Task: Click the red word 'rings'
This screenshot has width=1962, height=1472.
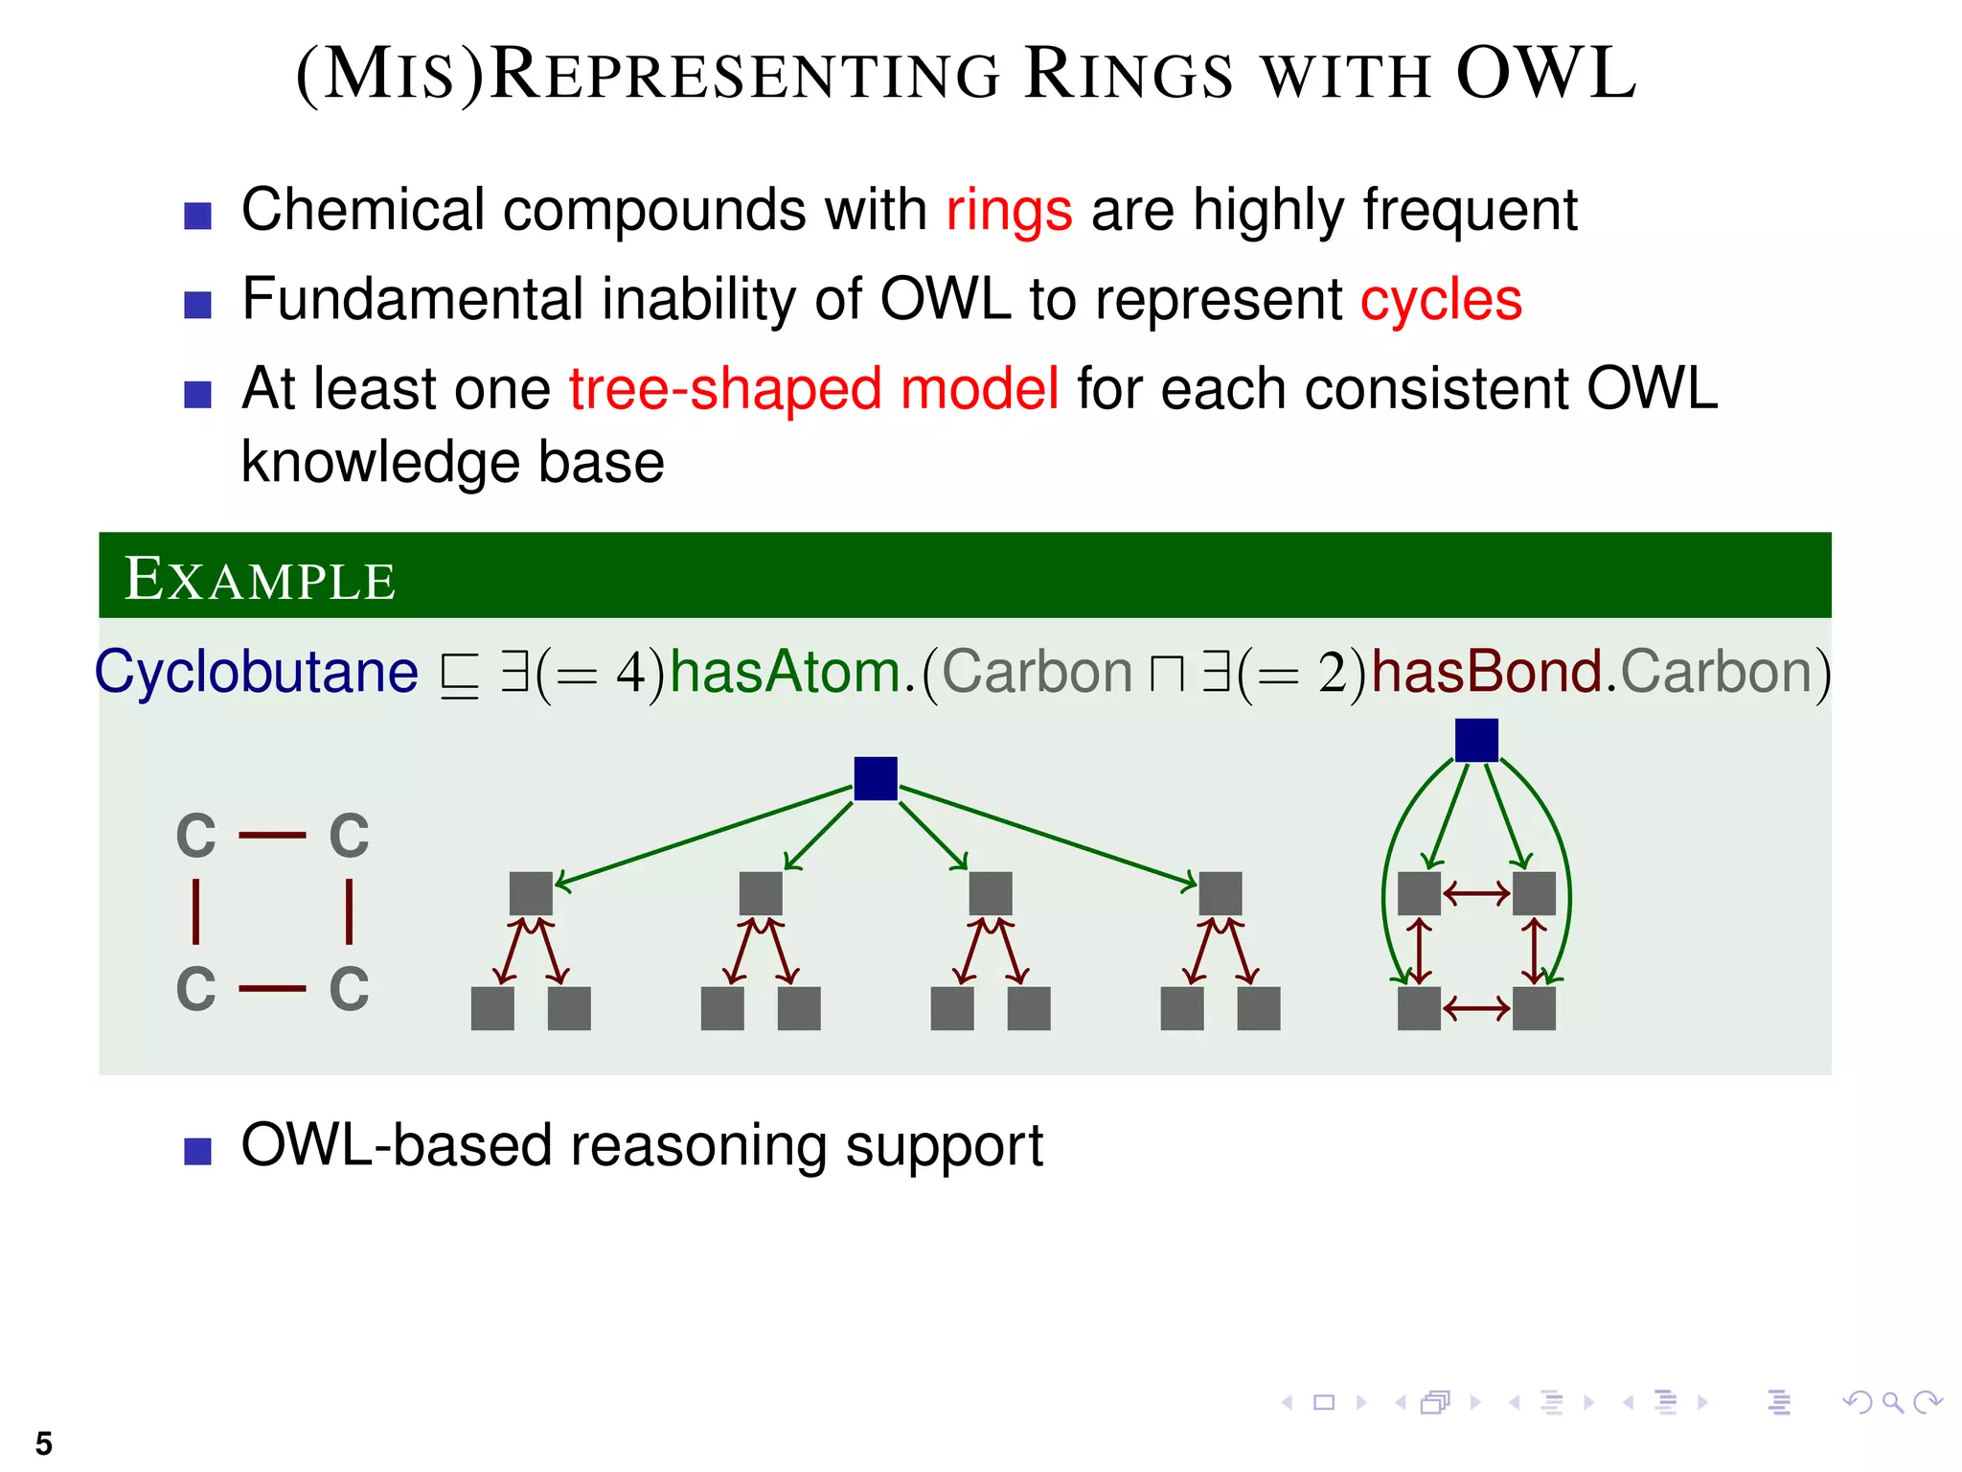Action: tap(1009, 210)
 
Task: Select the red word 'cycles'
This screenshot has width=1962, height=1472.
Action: tap(1441, 300)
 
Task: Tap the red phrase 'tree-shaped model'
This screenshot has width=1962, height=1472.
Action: tap(813, 389)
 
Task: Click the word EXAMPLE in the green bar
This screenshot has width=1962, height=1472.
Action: tap(260, 579)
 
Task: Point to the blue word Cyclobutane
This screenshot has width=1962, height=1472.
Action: tap(257, 672)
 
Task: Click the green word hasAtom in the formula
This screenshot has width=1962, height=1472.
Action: tap(785, 672)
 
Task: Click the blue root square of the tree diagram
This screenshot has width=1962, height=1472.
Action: tap(876, 778)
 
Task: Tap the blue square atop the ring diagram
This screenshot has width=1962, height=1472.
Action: tap(1476, 740)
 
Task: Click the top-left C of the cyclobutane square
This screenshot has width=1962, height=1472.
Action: tap(196, 836)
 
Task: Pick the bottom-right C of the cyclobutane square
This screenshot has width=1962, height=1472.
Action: tap(349, 989)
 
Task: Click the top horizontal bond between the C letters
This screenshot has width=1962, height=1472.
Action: tap(272, 836)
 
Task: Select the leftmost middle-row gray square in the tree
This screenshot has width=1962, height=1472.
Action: tap(531, 893)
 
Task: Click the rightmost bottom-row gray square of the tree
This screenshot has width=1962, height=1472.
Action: tap(1258, 1008)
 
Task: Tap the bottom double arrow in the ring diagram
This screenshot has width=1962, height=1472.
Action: tap(1476, 1008)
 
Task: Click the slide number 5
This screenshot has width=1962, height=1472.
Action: tap(44, 1443)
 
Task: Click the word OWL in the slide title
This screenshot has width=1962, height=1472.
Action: tap(1545, 75)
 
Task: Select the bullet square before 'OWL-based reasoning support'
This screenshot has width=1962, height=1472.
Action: tap(197, 1150)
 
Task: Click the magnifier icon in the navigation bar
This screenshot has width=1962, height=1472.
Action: tap(1892, 1403)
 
